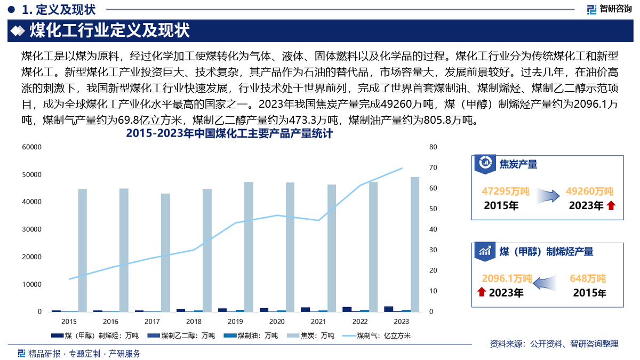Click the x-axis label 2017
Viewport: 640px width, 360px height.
click(152, 322)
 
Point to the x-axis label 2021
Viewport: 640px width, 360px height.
click(318, 322)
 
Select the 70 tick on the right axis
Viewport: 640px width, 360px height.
click(433, 167)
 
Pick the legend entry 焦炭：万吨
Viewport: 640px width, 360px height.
click(312, 335)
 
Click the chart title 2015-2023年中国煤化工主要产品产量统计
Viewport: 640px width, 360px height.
click(229, 134)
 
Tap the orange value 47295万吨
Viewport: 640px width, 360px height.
click(505, 191)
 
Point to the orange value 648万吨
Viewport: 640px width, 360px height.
click(588, 278)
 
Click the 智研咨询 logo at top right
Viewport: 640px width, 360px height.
click(610, 9)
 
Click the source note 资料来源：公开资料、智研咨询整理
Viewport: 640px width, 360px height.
click(554, 344)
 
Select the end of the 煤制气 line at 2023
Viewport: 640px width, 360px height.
click(402, 168)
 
